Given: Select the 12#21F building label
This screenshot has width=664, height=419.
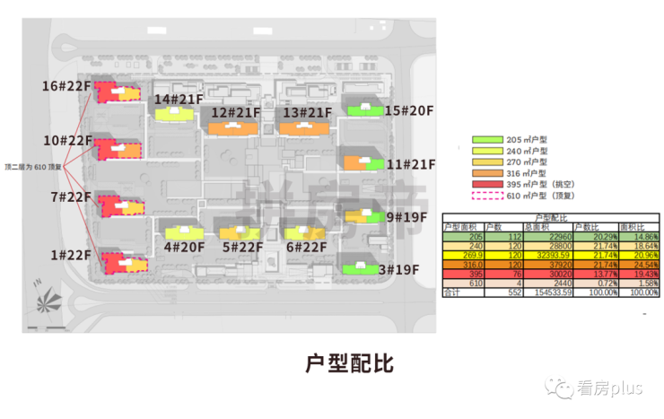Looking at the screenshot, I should coord(235,113).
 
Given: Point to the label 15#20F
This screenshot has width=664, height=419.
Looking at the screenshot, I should coord(409,111).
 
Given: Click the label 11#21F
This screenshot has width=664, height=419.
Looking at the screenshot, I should coord(410,165).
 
